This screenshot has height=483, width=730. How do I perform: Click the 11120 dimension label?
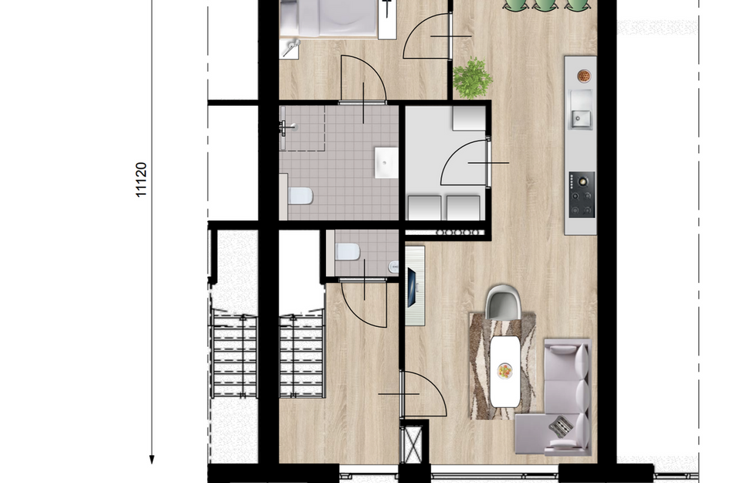pos(141,179)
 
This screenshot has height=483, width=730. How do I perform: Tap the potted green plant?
pos(472,78)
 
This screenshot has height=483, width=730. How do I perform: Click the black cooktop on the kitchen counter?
pos(582,195)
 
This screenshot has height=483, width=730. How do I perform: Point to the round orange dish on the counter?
pos(584,76)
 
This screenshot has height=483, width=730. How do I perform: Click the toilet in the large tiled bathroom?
pos(300,196)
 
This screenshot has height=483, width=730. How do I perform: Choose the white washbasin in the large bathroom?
pos(385,162)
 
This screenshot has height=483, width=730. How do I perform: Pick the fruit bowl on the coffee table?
pos(504,370)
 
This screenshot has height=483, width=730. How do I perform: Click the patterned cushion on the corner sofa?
pos(562,425)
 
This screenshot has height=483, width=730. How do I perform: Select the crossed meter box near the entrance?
pos(413,444)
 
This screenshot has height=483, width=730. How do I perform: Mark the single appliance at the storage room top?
pos(468,118)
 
